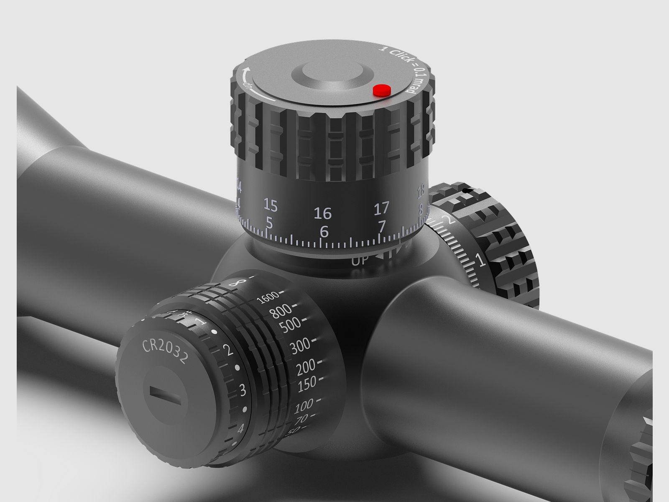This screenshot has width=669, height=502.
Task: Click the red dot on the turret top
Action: click(x=381, y=90)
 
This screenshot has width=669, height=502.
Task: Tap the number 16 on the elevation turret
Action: click(x=322, y=213)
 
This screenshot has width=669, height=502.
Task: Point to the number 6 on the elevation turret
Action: click(x=324, y=231)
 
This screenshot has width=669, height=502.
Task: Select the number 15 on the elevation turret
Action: click(x=271, y=205)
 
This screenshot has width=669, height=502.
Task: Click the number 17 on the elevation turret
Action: click(x=381, y=207)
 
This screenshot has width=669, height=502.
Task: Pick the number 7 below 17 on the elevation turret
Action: click(x=381, y=226)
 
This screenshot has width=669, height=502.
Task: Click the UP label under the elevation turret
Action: click(x=360, y=261)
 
